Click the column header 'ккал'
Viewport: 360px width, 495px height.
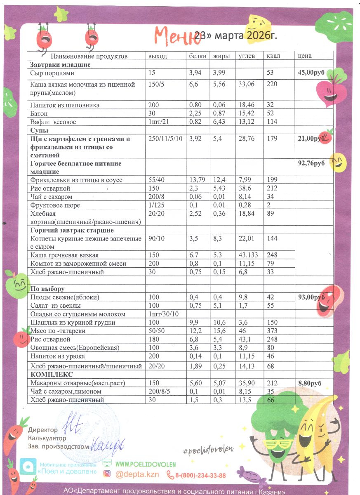pyautogui.click(x=273, y=56)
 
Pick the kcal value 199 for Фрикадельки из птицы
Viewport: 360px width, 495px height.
pyautogui.click(x=272, y=180)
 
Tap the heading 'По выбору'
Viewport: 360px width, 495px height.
pyautogui.click(x=48, y=289)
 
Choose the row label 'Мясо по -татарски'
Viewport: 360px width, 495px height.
pyautogui.click(x=56, y=331)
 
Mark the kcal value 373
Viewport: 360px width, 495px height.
pyautogui.click(x=272, y=331)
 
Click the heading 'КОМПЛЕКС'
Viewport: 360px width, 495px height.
pyautogui.click(x=52, y=375)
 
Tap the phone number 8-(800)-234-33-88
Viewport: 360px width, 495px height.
pyautogui.click(x=200, y=475)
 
